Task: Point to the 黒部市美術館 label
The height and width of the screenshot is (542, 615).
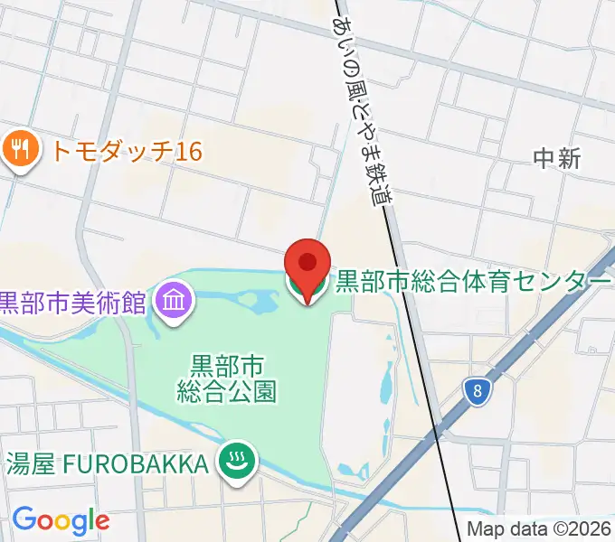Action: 72,302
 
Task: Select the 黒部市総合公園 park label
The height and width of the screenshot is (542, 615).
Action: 226,378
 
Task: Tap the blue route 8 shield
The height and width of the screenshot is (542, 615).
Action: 476,390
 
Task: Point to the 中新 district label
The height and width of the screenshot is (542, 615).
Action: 556,159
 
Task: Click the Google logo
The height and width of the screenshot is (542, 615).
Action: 61,519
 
